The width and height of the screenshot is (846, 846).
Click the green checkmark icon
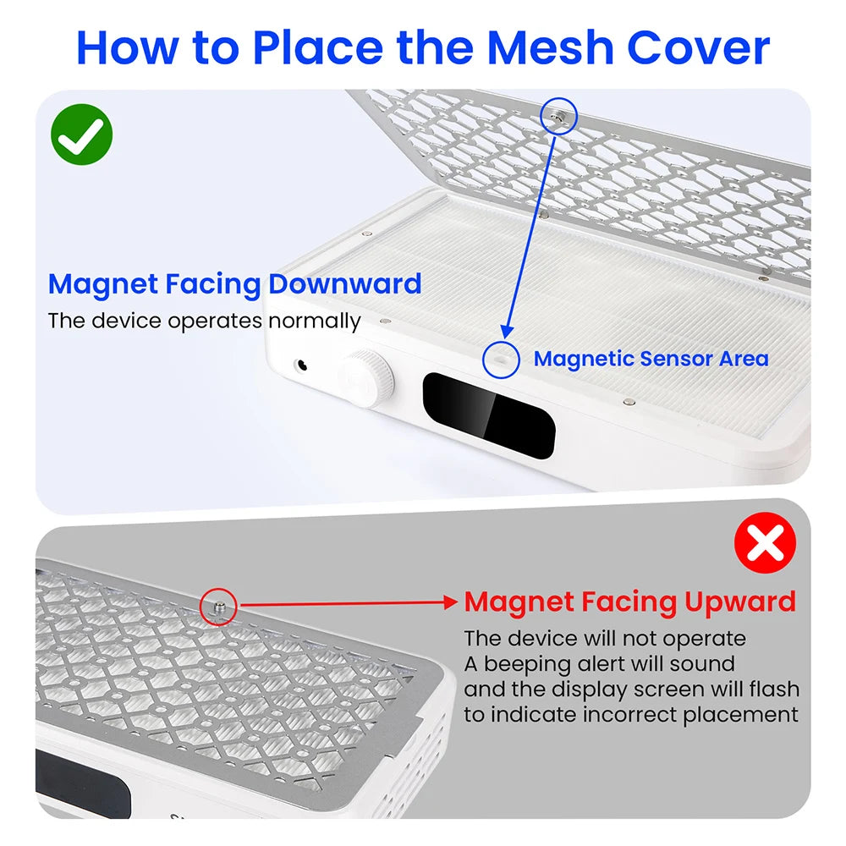click(81, 135)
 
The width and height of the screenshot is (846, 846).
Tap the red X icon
click(765, 543)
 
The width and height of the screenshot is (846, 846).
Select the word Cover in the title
click(699, 47)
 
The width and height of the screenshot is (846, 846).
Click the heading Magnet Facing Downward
click(234, 283)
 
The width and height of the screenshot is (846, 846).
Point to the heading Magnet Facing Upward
click(630, 602)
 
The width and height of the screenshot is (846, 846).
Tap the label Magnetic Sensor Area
click(651, 359)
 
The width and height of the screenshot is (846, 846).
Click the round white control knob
click(366, 377)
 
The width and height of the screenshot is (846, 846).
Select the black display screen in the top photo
click(489, 415)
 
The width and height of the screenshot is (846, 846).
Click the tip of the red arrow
click(458, 602)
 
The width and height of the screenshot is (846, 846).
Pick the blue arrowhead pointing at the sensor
click(506, 332)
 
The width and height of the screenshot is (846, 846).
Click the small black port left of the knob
click(302, 365)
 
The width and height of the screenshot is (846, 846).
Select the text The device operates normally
click(204, 321)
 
